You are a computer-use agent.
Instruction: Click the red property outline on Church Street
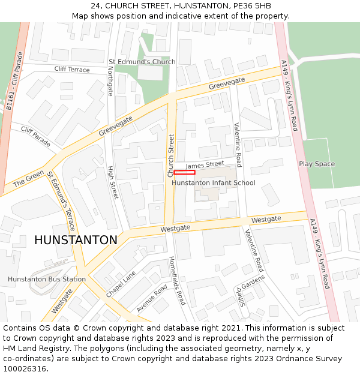[184, 173]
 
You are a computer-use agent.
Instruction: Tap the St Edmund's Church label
[142, 62]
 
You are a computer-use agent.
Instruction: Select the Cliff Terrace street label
[72, 70]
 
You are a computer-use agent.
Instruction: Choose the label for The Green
[28, 178]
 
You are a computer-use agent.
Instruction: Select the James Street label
[205, 164]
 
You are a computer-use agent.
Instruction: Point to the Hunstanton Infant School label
[214, 183]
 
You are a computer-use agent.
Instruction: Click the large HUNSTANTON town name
[76, 240]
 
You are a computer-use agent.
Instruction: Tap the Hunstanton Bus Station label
[47, 279]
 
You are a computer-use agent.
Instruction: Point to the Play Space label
[317, 164]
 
